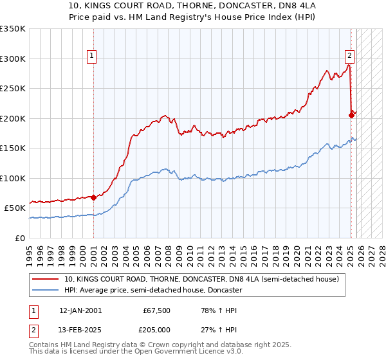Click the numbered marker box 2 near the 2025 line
[x=349, y=55]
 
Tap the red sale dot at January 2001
[x=93, y=197]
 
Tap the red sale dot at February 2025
[x=351, y=115]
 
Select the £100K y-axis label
[x=13, y=178]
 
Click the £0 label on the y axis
[x=19, y=238]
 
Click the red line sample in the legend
[x=46, y=279]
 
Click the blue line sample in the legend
[x=46, y=290]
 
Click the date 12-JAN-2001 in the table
[x=80, y=310]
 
